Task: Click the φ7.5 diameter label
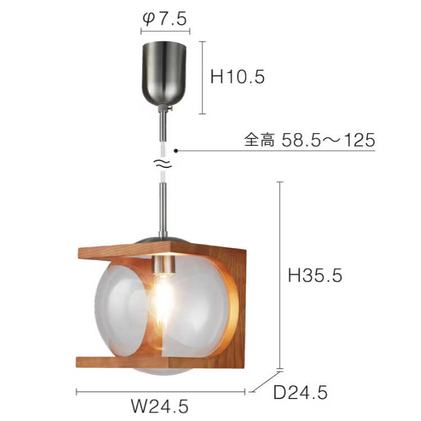click(x=164, y=19)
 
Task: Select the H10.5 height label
click(x=237, y=77)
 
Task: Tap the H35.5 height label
click(x=315, y=275)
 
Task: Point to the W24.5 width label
click(x=160, y=406)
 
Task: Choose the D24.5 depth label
click(x=300, y=392)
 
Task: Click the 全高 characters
click(x=259, y=140)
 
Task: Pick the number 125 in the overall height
click(x=360, y=140)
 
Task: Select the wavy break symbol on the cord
click(x=162, y=163)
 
